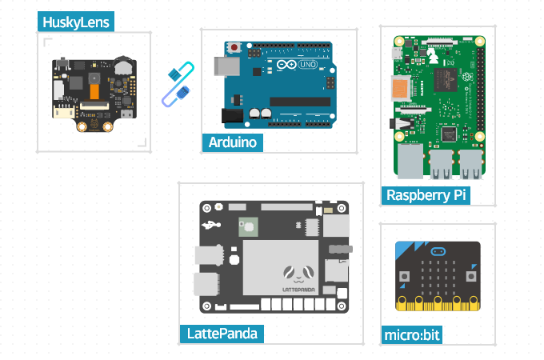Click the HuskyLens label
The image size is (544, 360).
76,22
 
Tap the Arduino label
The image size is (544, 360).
232,142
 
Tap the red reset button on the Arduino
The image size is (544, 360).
234,48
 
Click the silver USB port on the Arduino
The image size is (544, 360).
225,66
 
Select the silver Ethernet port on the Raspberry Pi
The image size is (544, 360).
410,162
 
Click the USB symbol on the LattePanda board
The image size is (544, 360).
210,225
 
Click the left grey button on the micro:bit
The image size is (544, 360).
404,276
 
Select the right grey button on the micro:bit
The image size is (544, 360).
471,276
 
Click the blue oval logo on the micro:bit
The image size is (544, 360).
438,251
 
